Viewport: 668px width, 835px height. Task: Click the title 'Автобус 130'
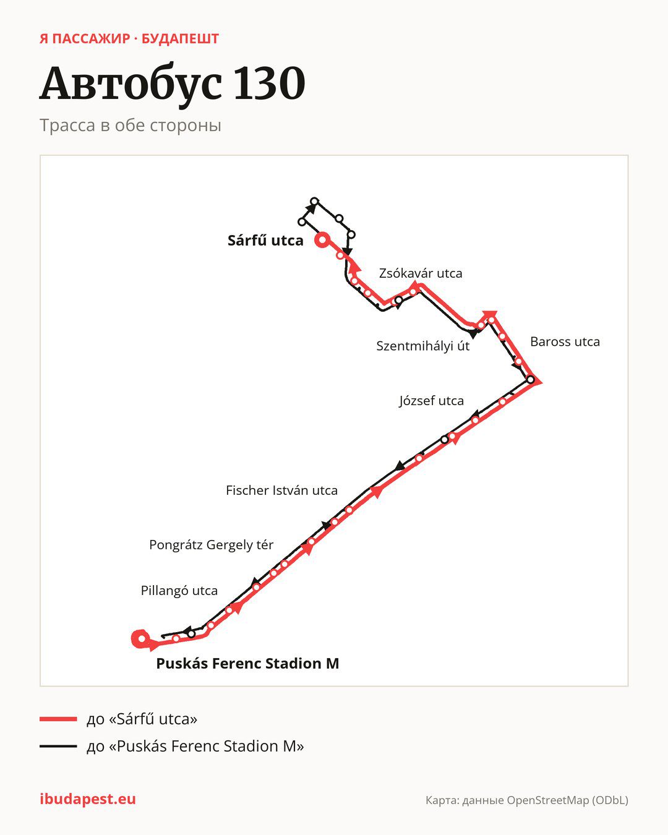point(173,83)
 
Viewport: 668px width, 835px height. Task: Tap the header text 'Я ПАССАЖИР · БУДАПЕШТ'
point(129,39)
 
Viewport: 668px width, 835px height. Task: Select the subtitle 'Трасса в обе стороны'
point(131,126)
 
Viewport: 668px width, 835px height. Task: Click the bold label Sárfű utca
point(265,241)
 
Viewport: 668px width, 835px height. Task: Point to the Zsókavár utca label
point(421,273)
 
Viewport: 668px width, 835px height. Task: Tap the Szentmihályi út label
point(422,346)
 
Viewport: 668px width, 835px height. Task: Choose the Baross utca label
point(565,341)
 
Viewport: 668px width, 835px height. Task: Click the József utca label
point(431,401)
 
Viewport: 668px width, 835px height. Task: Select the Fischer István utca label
point(282,490)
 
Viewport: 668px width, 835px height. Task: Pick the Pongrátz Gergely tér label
point(211,545)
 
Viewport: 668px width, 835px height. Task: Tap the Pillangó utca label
point(179,591)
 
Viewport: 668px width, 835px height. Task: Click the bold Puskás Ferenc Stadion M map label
point(247,664)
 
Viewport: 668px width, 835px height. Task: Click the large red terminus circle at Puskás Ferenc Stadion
point(136,639)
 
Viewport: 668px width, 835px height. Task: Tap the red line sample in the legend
point(58,719)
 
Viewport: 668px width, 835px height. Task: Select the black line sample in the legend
point(58,746)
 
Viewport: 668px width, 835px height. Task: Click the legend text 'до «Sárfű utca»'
point(142,719)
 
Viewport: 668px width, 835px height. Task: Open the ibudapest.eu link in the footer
point(88,799)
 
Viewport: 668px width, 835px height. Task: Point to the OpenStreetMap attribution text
point(527,800)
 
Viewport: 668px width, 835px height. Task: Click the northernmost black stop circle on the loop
point(315,202)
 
